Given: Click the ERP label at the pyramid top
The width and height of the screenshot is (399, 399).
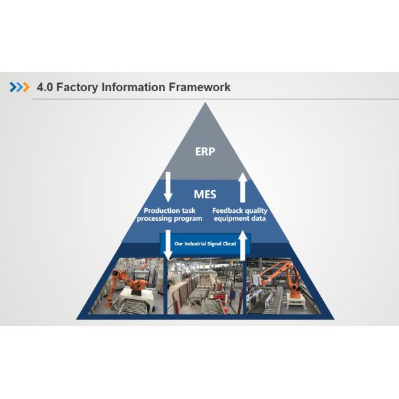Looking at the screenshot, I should pos(205,151).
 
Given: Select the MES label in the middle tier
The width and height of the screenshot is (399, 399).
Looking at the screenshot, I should pos(205,195).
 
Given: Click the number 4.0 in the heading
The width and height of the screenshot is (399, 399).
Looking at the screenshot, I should pos(45,87).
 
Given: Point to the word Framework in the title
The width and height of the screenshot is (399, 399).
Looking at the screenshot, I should pos(200,87).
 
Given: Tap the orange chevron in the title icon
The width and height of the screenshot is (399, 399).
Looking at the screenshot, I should pos(26,87).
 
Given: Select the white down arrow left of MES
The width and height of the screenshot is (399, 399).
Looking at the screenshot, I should pos(168,187).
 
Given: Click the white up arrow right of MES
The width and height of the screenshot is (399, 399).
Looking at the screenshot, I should pos(243,187).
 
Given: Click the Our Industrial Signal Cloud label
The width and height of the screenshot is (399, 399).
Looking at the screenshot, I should pos(205,244).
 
